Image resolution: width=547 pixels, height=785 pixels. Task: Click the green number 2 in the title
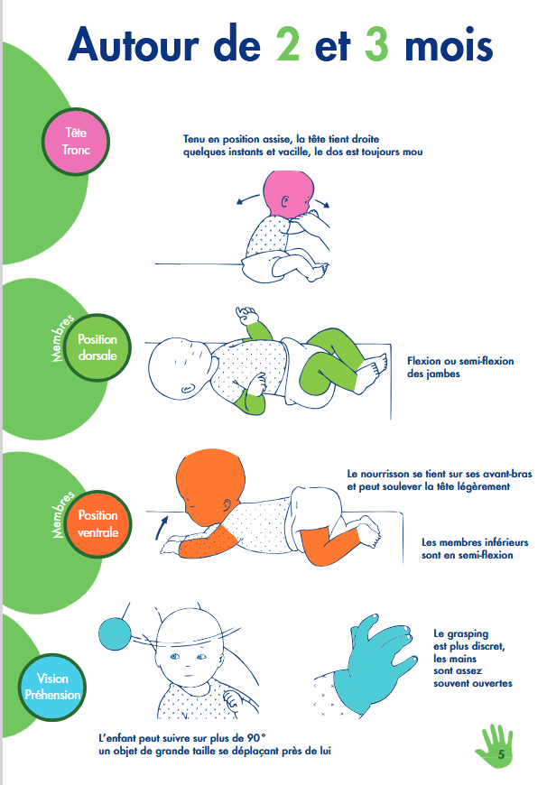288,45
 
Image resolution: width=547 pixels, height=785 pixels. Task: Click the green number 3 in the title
376,45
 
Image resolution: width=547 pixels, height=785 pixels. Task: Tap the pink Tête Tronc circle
76,142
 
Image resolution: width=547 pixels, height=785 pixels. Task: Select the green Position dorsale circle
97,347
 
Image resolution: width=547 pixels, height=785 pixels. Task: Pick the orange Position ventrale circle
98,524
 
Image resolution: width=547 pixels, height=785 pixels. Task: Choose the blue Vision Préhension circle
52,687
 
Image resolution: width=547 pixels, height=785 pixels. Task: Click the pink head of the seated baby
288,193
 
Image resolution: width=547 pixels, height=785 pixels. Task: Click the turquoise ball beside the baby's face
115,633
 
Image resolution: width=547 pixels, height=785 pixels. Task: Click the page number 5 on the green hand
501,754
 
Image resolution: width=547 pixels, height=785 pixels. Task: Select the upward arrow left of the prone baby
162,528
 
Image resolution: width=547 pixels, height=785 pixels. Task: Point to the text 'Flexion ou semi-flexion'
460,361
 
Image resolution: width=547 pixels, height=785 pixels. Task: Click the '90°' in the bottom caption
255,738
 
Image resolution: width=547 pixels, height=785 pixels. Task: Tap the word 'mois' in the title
449,45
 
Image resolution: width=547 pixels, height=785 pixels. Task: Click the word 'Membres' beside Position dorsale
62,338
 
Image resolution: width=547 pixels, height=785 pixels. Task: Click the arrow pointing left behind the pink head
248,199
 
